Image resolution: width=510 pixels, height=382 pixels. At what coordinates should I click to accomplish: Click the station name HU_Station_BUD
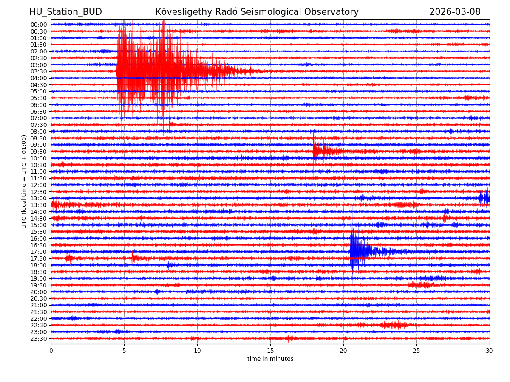[65, 12]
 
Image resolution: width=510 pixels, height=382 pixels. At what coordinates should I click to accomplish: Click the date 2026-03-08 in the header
[455, 12]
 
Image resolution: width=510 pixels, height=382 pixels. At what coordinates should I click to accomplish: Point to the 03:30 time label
[39, 71]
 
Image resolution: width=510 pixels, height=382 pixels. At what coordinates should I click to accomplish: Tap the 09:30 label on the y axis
[39, 152]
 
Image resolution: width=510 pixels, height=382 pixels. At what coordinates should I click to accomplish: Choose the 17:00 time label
[39, 252]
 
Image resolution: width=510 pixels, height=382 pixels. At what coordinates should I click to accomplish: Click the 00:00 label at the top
[39, 25]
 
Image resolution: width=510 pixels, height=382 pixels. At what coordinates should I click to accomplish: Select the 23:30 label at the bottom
[39, 339]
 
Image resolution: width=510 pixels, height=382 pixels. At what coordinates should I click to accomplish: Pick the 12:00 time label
[39, 185]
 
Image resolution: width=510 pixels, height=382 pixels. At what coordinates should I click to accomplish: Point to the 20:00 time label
[39, 292]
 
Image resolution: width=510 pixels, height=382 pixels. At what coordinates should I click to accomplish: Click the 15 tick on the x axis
[270, 351]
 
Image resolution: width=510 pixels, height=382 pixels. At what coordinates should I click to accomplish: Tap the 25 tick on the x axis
[416, 351]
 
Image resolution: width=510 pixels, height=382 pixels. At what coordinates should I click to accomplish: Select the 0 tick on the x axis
[51, 351]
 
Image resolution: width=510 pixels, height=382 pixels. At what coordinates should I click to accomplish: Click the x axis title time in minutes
[270, 359]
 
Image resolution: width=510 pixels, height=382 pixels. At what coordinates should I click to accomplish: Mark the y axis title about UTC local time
[25, 181]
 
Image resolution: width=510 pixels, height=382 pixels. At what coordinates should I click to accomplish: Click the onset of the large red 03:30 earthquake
[117, 71]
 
